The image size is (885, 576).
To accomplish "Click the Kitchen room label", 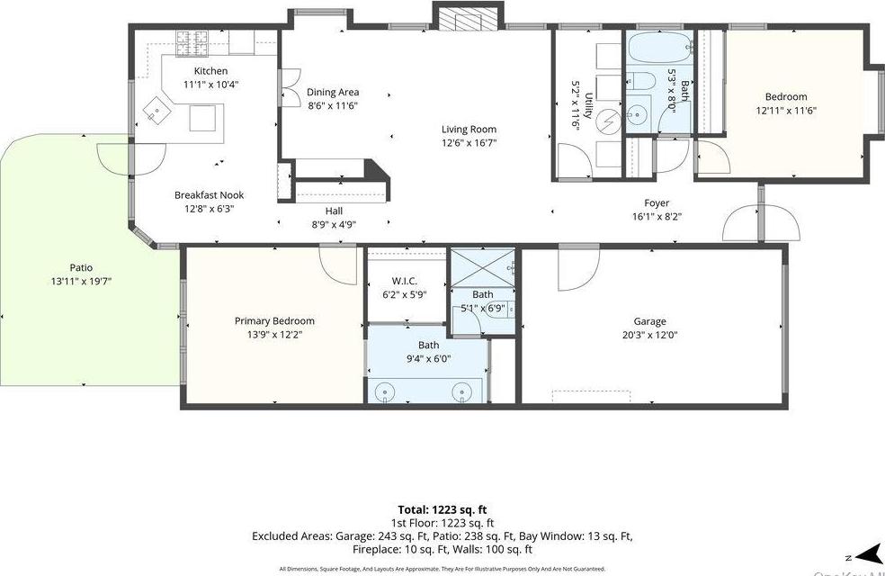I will pyautogui.click(x=211, y=71).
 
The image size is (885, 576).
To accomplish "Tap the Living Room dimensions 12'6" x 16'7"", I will pyautogui.click(x=469, y=142).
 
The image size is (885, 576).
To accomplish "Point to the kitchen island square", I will pyautogui.click(x=202, y=118).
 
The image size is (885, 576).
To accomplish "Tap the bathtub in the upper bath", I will pyautogui.click(x=660, y=47).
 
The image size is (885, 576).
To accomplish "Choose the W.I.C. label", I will pyautogui.click(x=405, y=280).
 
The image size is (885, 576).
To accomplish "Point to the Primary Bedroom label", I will pyautogui.click(x=274, y=321).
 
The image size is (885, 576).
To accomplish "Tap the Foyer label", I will pyautogui.click(x=657, y=203).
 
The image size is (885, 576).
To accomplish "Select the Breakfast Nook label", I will pyautogui.click(x=209, y=195).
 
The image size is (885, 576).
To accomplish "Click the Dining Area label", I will pyautogui.click(x=333, y=92).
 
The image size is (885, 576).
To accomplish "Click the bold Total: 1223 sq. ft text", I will pyautogui.click(x=442, y=509).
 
